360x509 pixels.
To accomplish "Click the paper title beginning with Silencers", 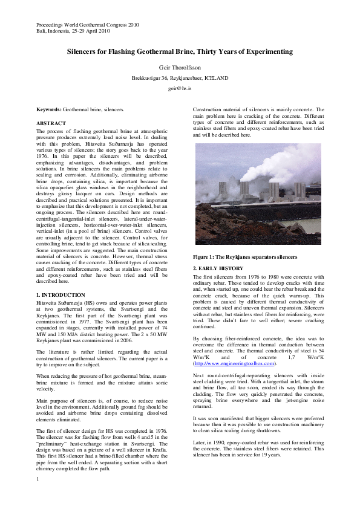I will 180,53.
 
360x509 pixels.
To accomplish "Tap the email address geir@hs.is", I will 180,88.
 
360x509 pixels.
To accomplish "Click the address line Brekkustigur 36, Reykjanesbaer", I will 180,78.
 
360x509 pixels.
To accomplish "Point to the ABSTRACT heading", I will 51,123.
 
